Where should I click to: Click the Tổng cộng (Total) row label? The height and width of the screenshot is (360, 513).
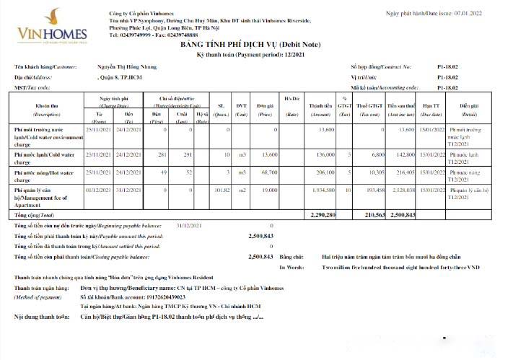point(34,215)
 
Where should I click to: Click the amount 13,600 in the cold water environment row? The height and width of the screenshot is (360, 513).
point(325,129)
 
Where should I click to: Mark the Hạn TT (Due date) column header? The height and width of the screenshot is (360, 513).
point(431,110)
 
